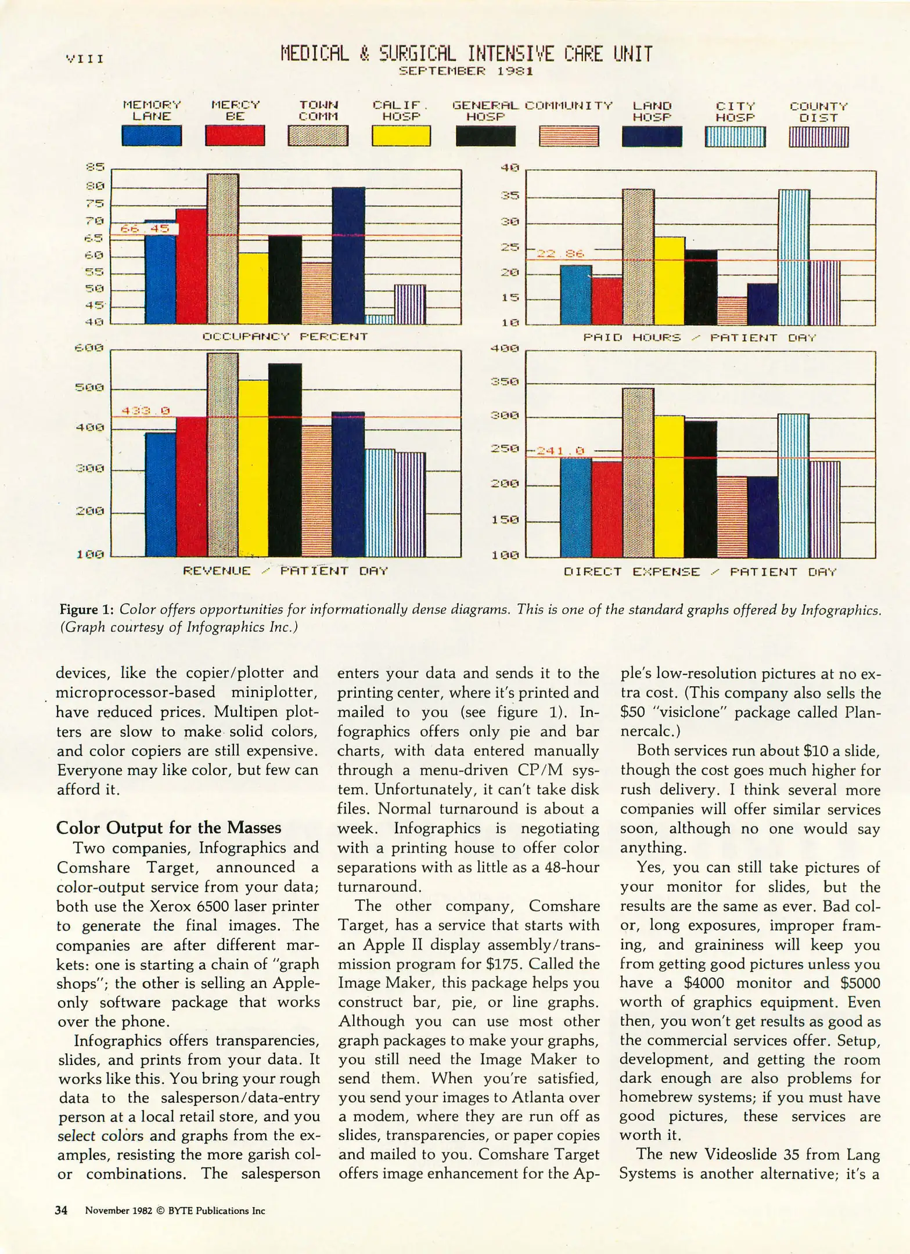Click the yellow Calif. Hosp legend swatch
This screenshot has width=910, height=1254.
(x=401, y=136)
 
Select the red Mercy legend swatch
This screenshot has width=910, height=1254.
(x=235, y=136)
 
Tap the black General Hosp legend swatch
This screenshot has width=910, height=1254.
(x=485, y=136)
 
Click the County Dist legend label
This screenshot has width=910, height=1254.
(x=818, y=111)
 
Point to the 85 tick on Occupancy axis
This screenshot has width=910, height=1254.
(x=95, y=167)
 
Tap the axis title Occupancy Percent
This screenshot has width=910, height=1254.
(x=285, y=336)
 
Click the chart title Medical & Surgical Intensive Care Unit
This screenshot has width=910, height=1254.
(x=466, y=54)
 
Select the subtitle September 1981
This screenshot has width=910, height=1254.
(x=466, y=71)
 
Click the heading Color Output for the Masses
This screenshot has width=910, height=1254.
(x=168, y=828)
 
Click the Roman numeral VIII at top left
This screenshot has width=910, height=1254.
(x=85, y=59)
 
